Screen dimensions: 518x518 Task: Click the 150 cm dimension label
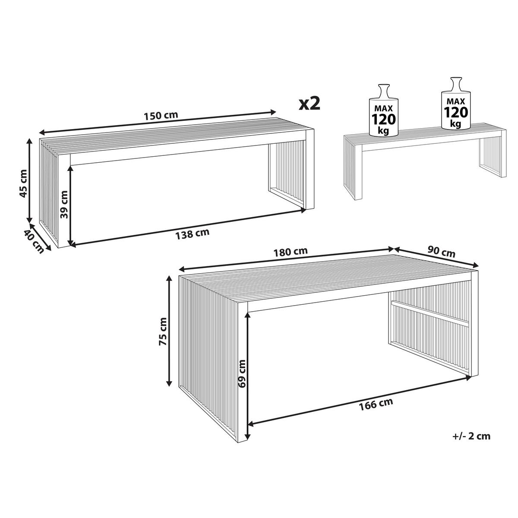tap(161, 116)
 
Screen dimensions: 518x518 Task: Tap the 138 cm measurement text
tap(192, 234)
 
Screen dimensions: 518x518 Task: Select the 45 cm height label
tap(24, 183)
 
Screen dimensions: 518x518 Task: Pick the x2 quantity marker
tap(310, 104)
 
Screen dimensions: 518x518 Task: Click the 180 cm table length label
tap(291, 252)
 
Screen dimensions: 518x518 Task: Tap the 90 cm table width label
tap(442, 252)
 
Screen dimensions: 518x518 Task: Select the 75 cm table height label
tap(163, 331)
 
